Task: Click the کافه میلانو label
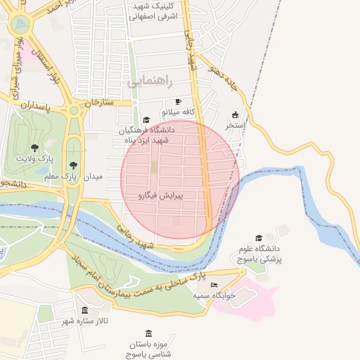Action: click(178, 112)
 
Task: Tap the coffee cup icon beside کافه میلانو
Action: click(178, 101)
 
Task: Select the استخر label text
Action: click(235, 125)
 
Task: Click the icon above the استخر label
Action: click(235, 115)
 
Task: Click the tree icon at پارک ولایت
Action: click(34, 148)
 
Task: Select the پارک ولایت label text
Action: click(34, 159)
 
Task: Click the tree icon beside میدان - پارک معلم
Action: click(73, 165)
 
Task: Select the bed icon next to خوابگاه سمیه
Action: click(214, 285)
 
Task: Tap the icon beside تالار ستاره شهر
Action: click(84, 310)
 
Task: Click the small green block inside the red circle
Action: click(153, 167)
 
